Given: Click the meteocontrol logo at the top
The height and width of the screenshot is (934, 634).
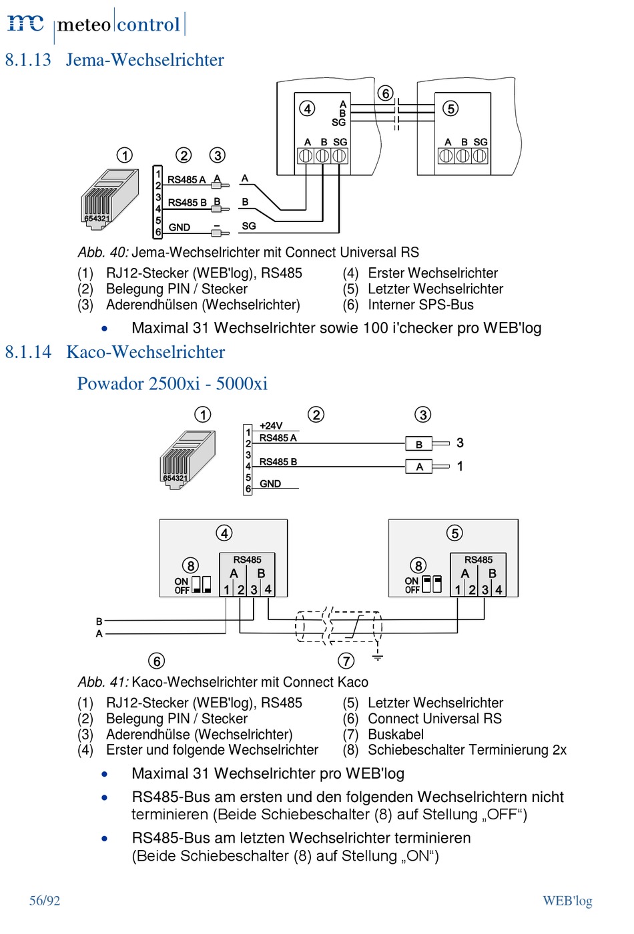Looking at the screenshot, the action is click(x=96, y=24).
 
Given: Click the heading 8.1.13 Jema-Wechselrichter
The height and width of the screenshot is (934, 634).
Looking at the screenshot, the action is click(x=114, y=59).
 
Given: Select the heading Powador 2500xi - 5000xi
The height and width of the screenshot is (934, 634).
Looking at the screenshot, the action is click(x=172, y=383).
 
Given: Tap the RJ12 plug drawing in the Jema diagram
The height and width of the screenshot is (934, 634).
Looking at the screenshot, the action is click(x=109, y=199).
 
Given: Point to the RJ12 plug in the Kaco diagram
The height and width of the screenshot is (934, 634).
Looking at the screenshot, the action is click(x=188, y=459).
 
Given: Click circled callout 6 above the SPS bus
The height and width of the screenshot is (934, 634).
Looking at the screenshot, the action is click(x=386, y=93).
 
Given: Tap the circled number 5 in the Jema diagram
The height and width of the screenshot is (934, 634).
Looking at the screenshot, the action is click(x=450, y=109).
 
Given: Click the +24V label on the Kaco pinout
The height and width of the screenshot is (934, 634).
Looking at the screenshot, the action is click(x=271, y=426).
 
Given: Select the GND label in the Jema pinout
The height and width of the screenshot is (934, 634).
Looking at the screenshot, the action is click(x=179, y=227).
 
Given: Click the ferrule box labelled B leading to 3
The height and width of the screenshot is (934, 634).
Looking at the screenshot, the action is click(x=418, y=444).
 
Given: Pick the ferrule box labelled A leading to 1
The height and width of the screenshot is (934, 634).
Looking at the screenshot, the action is click(x=418, y=467).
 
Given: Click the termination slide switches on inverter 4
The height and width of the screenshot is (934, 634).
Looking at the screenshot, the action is click(x=202, y=585).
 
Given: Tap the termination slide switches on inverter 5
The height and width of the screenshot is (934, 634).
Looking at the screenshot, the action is click(x=432, y=584).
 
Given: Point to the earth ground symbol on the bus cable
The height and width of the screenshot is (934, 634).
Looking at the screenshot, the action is click(x=377, y=657).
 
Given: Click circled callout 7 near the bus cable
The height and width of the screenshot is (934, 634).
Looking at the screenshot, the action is click(x=346, y=661).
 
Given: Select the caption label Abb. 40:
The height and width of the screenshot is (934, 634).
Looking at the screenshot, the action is click(x=103, y=252).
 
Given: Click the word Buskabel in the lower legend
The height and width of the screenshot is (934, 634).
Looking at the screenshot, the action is click(x=396, y=734).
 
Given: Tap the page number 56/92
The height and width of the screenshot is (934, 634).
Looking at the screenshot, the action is click(x=45, y=901).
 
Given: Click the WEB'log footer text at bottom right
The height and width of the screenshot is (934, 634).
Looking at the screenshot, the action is click(x=567, y=901).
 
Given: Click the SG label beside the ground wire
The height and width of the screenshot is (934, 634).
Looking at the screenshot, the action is click(x=249, y=226).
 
